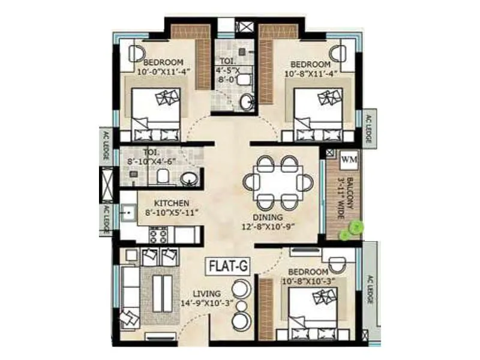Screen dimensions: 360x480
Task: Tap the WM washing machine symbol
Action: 348,160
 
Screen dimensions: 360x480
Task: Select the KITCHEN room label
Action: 171,203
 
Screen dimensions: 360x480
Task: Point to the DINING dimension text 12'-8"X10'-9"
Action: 278,227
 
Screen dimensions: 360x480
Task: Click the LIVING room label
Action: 206,293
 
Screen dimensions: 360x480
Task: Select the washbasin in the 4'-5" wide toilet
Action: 247,102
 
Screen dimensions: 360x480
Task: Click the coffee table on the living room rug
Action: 160,293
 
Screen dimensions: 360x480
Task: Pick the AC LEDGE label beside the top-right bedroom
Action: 367,128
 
